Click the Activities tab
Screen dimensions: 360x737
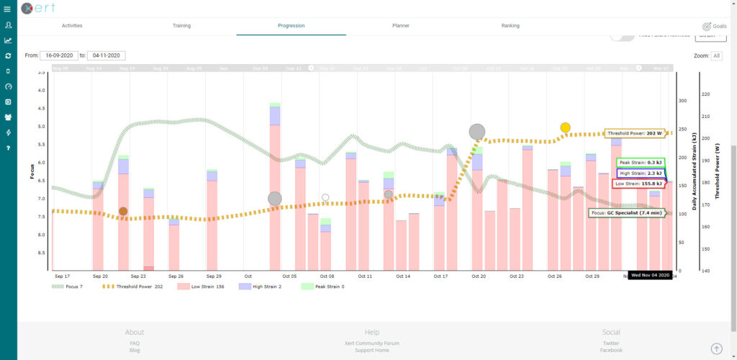[x=72, y=25]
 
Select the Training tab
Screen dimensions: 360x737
[x=181, y=25]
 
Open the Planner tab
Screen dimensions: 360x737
[x=400, y=25]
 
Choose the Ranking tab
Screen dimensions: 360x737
[x=510, y=25]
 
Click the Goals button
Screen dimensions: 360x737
[x=715, y=25]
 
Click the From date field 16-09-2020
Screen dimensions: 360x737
[x=59, y=55]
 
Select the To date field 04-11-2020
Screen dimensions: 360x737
[x=107, y=55]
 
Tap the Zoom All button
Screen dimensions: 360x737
[x=717, y=55]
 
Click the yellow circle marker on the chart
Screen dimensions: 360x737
[x=566, y=127]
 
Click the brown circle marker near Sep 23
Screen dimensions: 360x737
[x=123, y=212]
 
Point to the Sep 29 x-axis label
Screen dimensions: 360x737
[x=214, y=276]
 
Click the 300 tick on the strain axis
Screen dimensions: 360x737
[x=680, y=101]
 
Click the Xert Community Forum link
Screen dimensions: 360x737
[x=371, y=343]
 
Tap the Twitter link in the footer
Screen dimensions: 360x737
[x=611, y=343]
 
